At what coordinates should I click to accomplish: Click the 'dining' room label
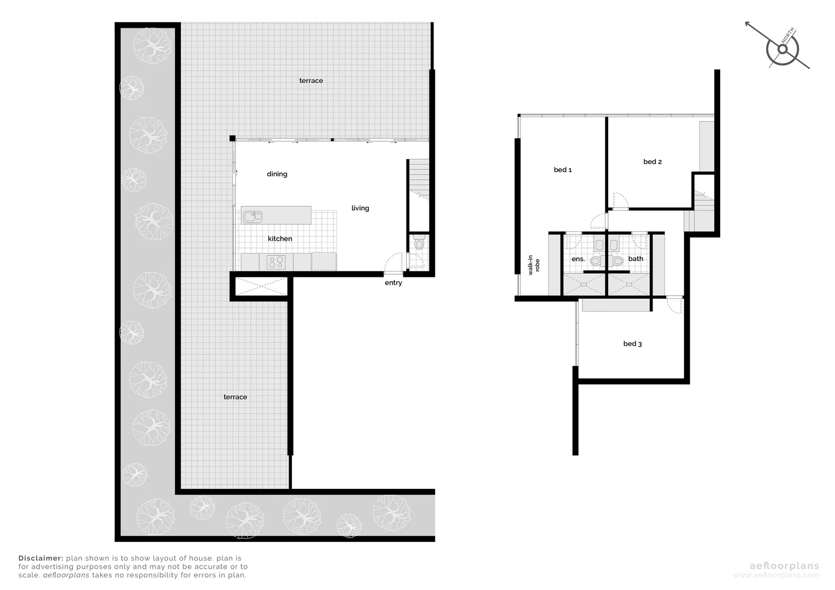coord(277,174)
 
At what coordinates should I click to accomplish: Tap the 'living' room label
coord(360,208)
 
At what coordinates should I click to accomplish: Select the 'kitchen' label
coord(280,239)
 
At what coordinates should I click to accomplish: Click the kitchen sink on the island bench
coord(252,216)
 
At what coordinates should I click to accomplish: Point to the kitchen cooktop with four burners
coord(276,262)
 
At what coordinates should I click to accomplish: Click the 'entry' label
coord(393,283)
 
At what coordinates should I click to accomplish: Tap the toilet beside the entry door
coord(419,243)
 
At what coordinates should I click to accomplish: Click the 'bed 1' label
coord(563,170)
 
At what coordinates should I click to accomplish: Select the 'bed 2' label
coord(652,162)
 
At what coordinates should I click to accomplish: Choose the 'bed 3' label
coord(632,344)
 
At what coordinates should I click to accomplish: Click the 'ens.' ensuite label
coord(578,259)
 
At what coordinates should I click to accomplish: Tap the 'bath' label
coord(636,259)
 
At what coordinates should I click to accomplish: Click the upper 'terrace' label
coord(311,81)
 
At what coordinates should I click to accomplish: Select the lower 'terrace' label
coord(235,397)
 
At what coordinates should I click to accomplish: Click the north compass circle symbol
coord(783,50)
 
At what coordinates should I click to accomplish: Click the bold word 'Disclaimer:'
coord(41,558)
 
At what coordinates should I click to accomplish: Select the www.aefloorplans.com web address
coord(776,575)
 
